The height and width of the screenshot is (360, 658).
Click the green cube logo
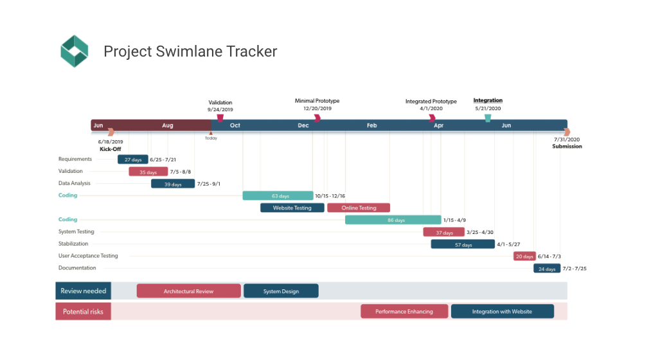74,51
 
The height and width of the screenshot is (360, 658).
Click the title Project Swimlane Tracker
190,51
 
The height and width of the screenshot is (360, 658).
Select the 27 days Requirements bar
133,159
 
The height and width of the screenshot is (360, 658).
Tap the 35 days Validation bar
148,172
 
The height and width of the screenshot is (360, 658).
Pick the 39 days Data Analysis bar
173,184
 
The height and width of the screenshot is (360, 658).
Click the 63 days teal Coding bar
278,195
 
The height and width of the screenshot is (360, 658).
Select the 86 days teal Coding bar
393,220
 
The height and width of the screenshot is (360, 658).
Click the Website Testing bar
292,208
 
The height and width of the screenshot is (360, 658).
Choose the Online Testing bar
359,208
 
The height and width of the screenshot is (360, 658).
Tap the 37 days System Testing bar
443,232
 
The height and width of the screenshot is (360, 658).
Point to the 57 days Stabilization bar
463,244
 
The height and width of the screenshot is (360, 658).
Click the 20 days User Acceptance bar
524,256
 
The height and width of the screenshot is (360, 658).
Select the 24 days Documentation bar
547,268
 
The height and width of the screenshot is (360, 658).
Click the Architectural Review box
188,291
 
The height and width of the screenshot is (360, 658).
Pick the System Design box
281,291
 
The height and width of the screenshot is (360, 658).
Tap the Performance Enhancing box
404,312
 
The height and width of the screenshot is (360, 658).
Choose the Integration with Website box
502,312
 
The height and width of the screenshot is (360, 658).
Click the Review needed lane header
84,291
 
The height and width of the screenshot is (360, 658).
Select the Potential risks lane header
84,312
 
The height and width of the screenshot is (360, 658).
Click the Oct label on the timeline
235,125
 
